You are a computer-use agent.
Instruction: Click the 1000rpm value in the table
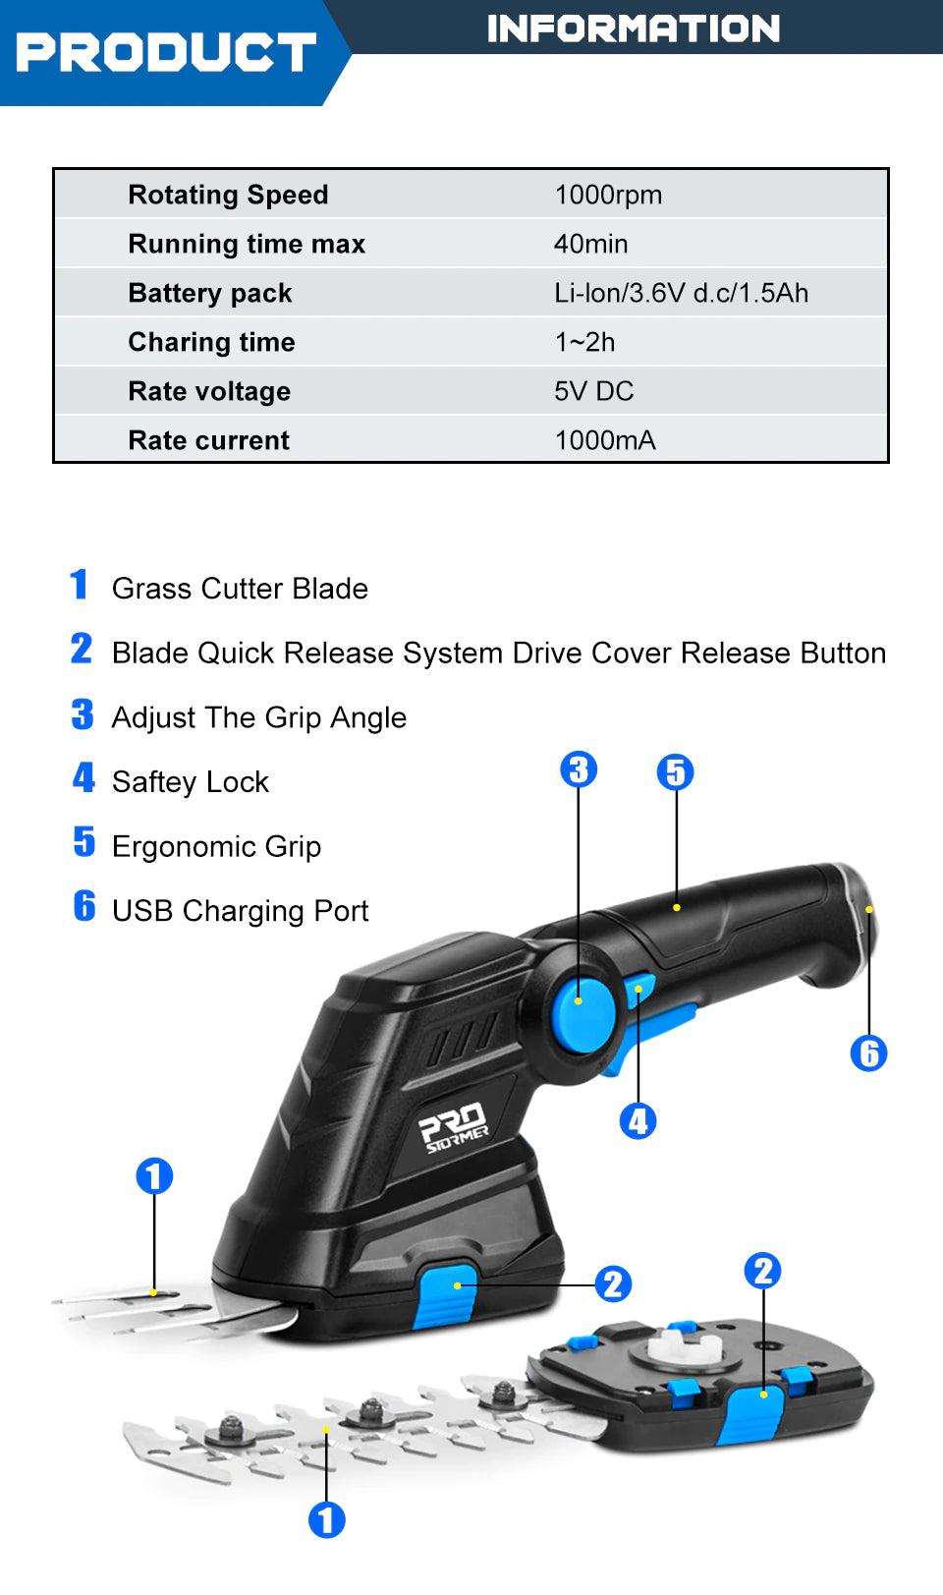coord(608,195)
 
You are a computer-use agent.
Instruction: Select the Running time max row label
coord(246,244)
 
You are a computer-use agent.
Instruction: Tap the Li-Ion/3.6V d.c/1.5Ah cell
coord(681,293)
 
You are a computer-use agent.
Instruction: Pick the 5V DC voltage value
coord(593,391)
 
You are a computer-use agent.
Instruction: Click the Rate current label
coord(208,440)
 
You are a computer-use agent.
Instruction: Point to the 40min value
coord(590,244)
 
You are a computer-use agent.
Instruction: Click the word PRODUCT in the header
coord(166,51)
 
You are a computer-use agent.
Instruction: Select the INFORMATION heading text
coord(634,28)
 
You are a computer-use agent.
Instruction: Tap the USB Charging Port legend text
coord(240,911)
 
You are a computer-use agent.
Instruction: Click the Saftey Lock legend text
coord(190,782)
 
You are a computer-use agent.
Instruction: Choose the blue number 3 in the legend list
coord(83,714)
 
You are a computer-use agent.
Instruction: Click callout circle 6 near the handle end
coord(868,1054)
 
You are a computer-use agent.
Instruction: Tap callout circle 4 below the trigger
coord(638,1121)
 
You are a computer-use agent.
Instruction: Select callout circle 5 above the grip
coord(675,772)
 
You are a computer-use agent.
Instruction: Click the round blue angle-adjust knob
coord(579,999)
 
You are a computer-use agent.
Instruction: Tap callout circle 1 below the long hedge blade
coord(327,1521)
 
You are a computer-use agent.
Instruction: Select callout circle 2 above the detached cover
coord(762,1271)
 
